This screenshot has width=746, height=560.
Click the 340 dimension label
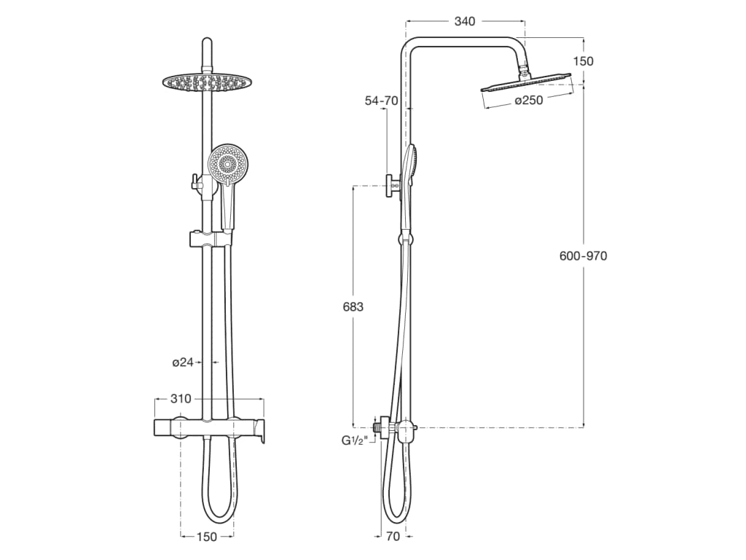[465, 22]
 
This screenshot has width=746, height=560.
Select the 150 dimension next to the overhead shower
[583, 61]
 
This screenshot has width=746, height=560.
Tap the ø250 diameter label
[529, 101]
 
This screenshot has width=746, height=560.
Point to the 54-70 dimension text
[381, 101]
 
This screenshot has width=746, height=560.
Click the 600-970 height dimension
[583, 256]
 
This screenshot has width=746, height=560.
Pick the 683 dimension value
[353, 307]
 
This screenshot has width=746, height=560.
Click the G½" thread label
[355, 440]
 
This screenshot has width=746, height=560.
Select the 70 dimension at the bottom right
[393, 537]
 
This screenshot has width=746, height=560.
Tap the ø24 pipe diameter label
[182, 362]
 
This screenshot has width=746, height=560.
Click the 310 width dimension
[181, 399]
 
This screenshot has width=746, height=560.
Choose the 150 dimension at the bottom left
[207, 537]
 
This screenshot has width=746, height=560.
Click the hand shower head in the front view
[227, 164]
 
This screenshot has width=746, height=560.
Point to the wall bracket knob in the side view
[393, 186]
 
